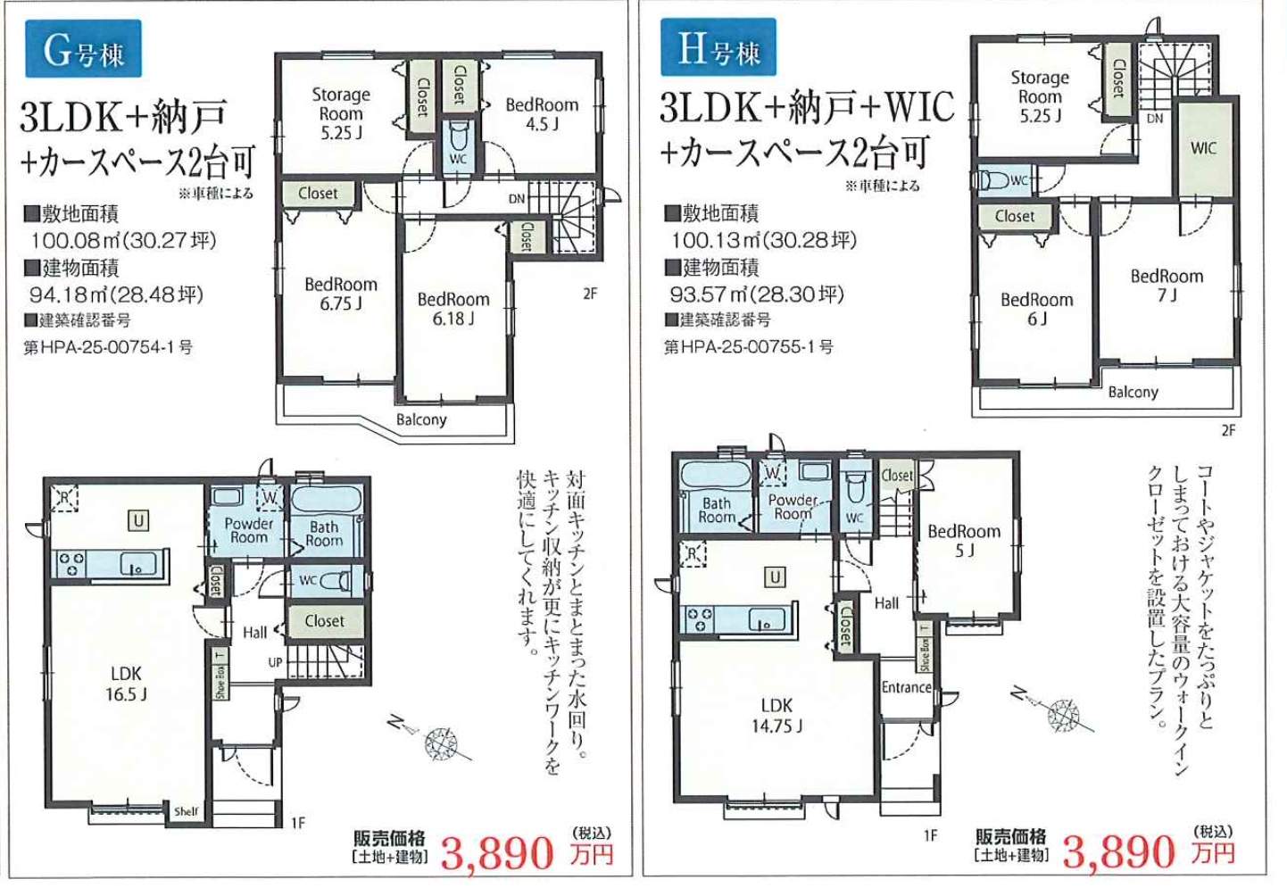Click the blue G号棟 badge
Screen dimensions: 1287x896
pyautogui.click(x=83, y=49)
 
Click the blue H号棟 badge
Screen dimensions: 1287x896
pyautogui.click(x=718, y=47)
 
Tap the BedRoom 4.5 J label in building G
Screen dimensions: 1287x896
pyautogui.click(x=542, y=114)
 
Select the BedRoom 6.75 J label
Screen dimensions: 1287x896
pyautogui.click(x=341, y=294)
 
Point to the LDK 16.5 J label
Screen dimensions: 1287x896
pyautogui.click(x=126, y=684)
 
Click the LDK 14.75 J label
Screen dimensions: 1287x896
pyautogui.click(x=776, y=716)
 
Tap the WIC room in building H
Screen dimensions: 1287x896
pyautogui.click(x=1204, y=148)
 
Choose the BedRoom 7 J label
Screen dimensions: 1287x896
pyautogui.click(x=1167, y=286)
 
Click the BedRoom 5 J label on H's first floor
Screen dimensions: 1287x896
pyautogui.click(x=964, y=541)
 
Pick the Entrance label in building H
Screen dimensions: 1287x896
pyautogui.click(x=906, y=687)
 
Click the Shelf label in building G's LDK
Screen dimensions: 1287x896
pyautogui.click(x=187, y=811)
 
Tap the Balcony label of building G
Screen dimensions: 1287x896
pyautogui.click(x=421, y=419)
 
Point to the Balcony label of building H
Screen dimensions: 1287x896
pyautogui.click(x=1133, y=392)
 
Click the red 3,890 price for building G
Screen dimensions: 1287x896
pyautogui.click(x=497, y=853)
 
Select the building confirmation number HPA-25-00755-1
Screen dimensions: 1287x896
pyautogui.click(x=748, y=347)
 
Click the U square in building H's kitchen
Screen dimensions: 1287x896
pyautogui.click(x=775, y=577)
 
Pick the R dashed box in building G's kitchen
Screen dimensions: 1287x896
pyautogui.click(x=64, y=497)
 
